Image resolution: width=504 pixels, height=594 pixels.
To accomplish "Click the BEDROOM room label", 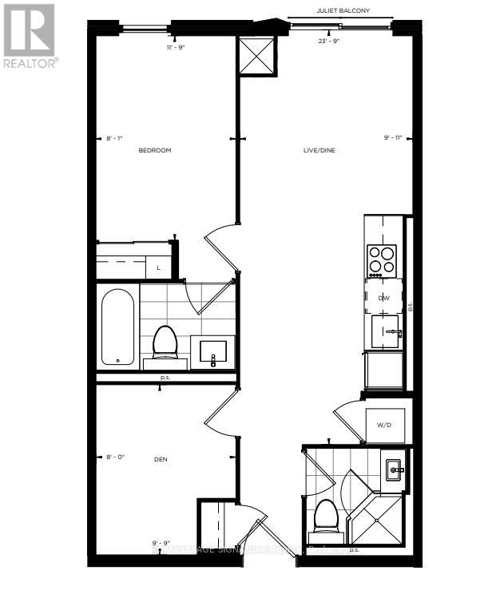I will point(155,150).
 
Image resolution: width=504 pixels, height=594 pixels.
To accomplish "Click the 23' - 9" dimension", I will point(329,41).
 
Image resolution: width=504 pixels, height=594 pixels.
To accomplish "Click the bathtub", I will point(117,327).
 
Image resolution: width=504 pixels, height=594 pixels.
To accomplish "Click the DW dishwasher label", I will point(383,297).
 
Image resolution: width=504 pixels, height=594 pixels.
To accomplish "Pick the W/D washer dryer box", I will point(384,425).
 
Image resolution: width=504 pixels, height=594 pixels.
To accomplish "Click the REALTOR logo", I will point(30,36).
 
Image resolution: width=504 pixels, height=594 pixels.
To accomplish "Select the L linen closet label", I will point(159,267).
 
